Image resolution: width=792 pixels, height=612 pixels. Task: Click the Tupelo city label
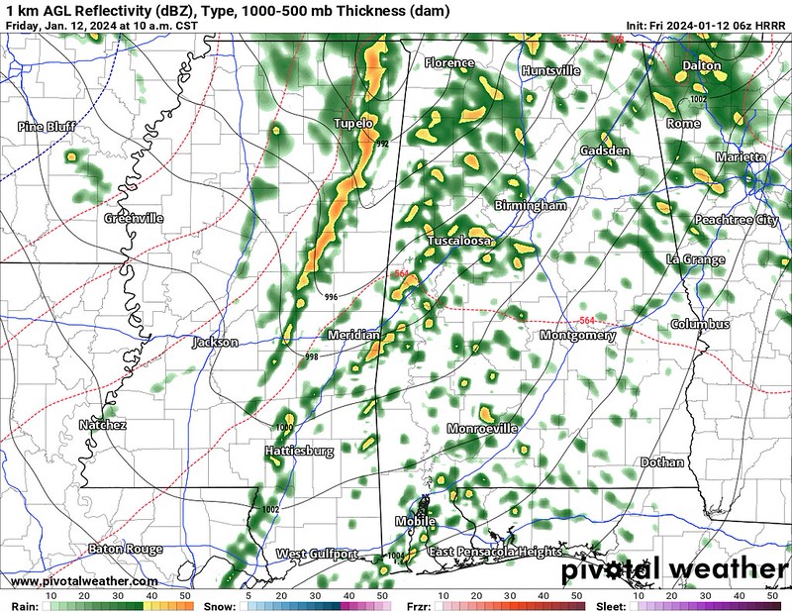click(x=353, y=124)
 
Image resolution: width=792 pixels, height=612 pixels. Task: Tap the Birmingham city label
click(x=530, y=206)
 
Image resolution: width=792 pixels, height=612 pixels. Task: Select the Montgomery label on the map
click(x=578, y=336)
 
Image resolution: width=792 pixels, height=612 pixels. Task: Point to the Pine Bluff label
click(x=47, y=127)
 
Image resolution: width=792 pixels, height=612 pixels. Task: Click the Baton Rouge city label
click(x=125, y=549)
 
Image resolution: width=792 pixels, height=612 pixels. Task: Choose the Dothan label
click(x=662, y=462)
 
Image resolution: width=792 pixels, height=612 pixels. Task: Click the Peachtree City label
click(x=736, y=220)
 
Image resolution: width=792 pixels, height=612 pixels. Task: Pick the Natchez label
click(x=102, y=425)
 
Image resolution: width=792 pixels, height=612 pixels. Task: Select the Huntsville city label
click(x=550, y=71)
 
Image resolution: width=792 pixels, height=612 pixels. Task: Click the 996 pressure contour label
click(x=331, y=297)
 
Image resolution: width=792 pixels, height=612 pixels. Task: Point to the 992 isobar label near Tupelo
click(x=382, y=145)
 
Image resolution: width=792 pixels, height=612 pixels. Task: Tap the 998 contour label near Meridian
click(x=311, y=357)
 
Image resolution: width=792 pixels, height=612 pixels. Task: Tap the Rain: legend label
click(x=25, y=603)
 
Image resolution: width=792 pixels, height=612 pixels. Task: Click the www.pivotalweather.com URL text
click(x=84, y=581)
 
